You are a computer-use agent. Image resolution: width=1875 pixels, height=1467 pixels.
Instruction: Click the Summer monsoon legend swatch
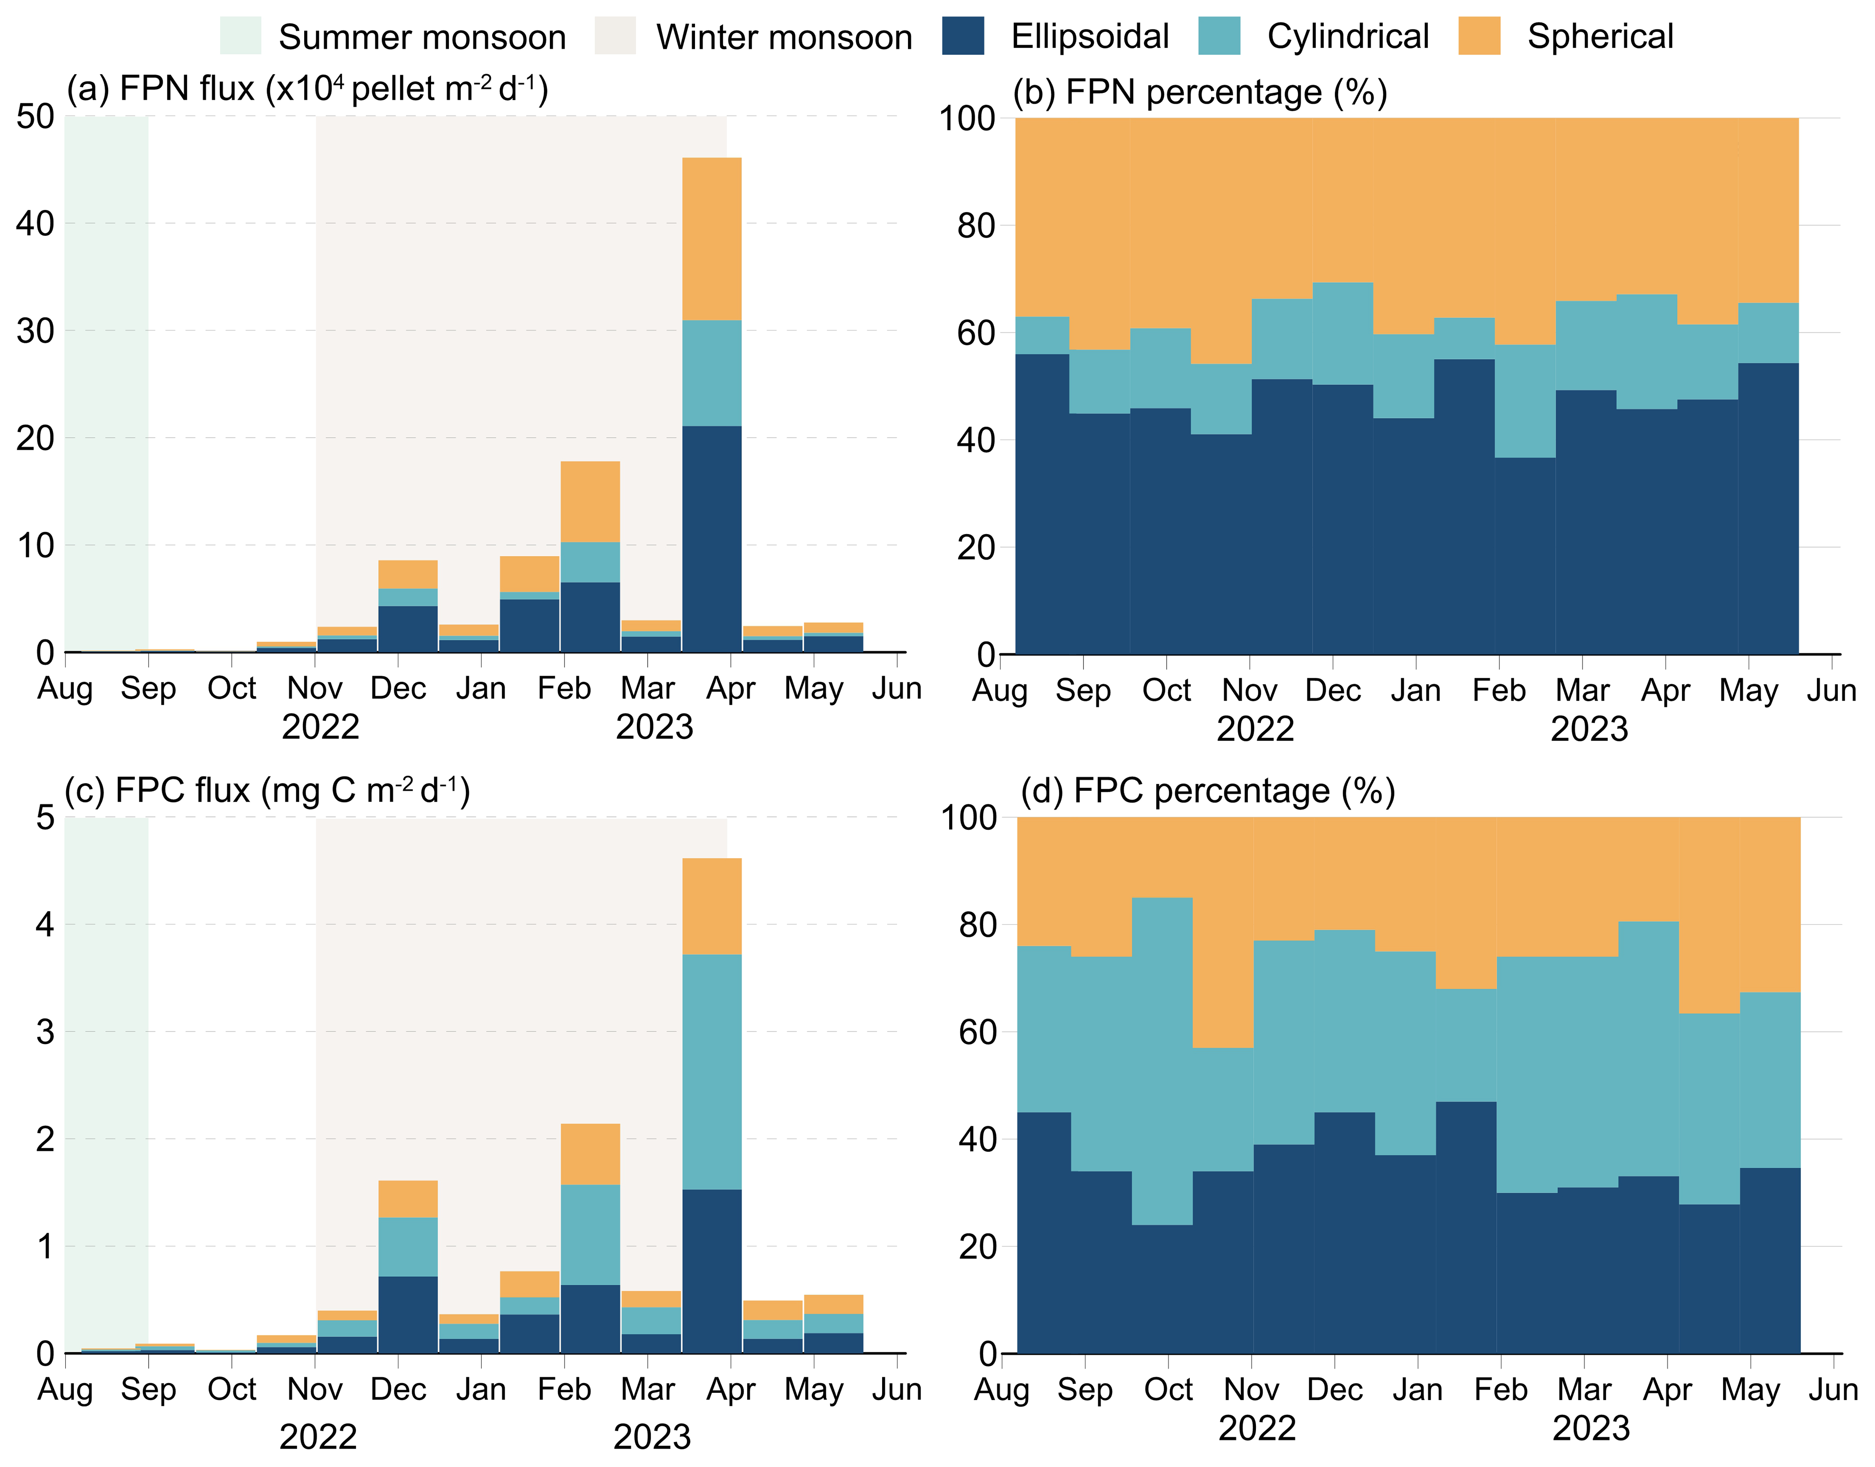coord(240,36)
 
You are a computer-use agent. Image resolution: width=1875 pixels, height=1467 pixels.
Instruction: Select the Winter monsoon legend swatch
coord(615,36)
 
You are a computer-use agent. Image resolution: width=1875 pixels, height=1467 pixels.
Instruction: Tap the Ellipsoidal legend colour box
coord(963,36)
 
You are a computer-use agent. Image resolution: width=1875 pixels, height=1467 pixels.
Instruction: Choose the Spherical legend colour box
coord(1479,36)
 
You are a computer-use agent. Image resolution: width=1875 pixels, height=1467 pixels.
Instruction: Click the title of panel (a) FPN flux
coord(307,88)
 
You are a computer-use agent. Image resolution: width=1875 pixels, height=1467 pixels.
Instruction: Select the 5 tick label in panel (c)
coord(45,818)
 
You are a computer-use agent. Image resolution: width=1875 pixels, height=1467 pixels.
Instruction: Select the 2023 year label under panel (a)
coord(654,727)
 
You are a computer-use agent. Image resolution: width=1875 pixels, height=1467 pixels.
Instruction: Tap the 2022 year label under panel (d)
coord(1256,1428)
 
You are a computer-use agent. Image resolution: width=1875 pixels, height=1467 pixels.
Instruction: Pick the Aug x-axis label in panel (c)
coord(65,1390)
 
